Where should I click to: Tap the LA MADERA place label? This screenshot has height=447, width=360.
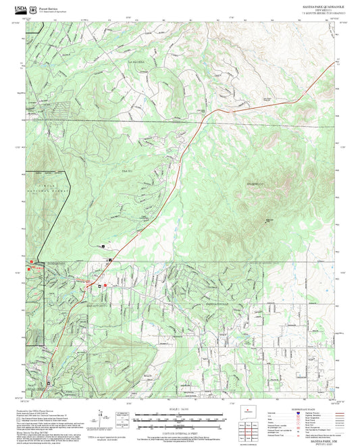[137, 61]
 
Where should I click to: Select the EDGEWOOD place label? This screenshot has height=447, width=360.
[255, 181]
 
